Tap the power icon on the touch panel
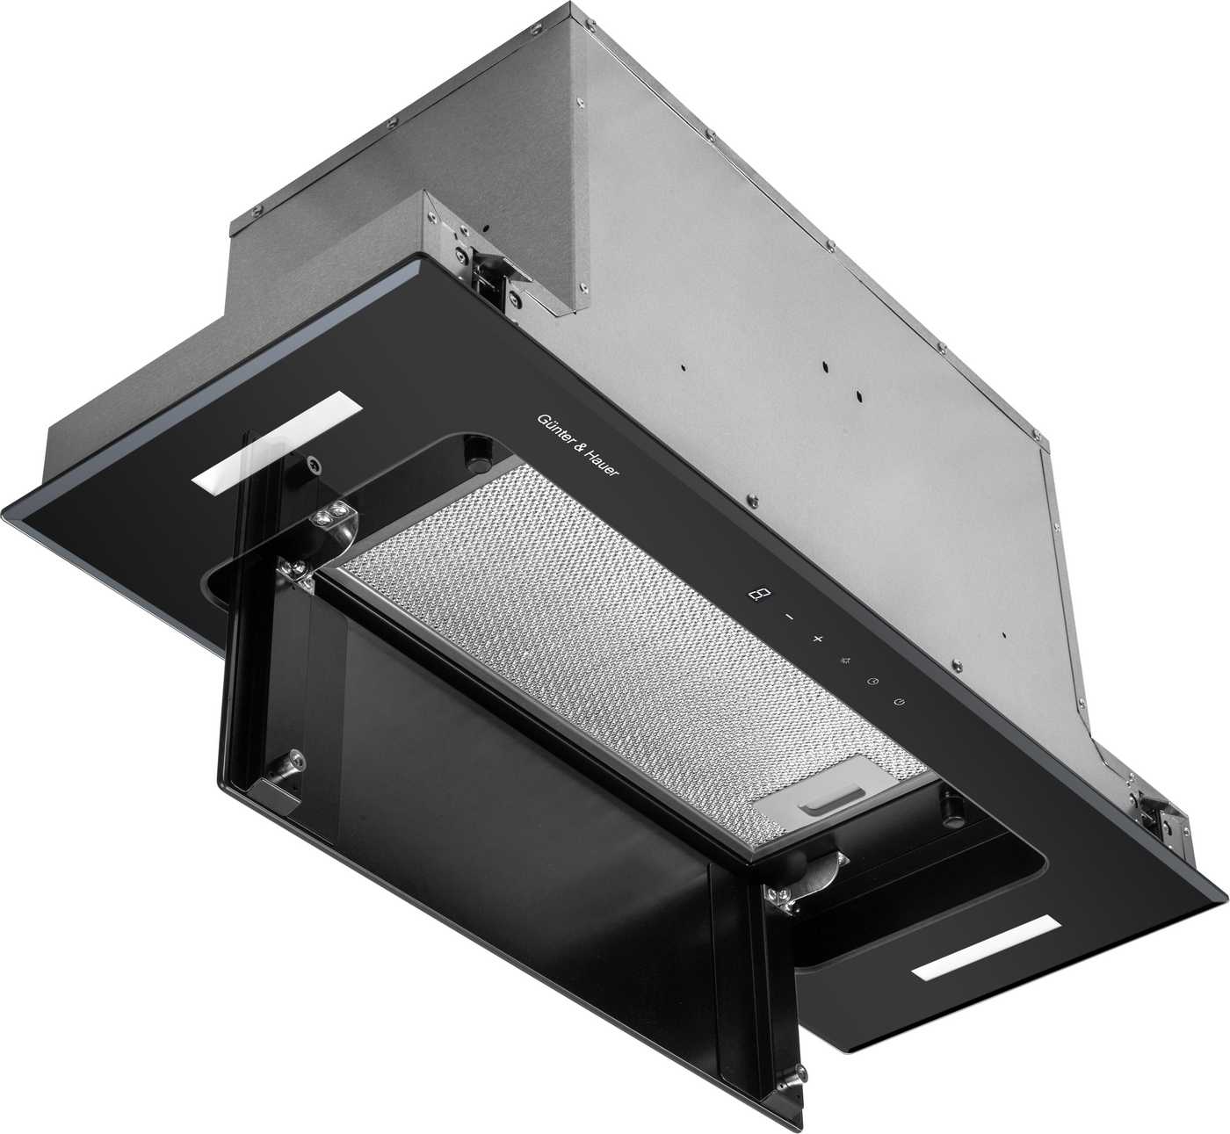click(x=900, y=702)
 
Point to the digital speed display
click(x=756, y=594)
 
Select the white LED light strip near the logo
click(x=276, y=442)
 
